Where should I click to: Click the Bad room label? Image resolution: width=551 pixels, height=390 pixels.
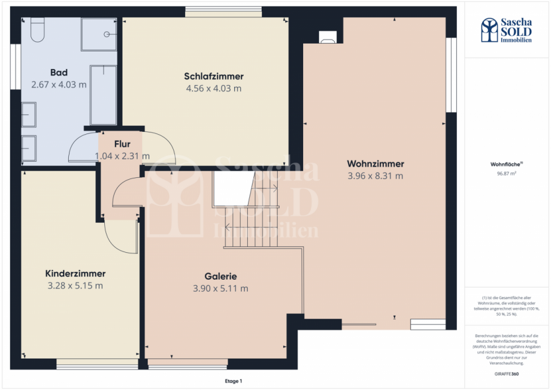click(59, 73)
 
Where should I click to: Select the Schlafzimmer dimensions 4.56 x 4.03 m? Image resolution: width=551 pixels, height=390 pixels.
click(214, 89)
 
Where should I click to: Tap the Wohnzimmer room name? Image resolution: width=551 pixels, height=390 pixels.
click(376, 164)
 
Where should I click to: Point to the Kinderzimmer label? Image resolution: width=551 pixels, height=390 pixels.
click(75, 273)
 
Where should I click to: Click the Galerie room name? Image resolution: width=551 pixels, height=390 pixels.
click(220, 276)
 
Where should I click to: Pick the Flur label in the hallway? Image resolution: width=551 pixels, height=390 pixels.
click(123, 144)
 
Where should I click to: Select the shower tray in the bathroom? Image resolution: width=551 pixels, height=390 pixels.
click(99, 34)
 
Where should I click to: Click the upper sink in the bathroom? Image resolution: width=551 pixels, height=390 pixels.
click(29, 114)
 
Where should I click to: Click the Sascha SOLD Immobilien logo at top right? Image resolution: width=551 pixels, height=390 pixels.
click(507, 31)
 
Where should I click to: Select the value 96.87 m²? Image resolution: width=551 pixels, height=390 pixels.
click(507, 174)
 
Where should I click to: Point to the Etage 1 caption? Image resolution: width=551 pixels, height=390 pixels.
click(233, 381)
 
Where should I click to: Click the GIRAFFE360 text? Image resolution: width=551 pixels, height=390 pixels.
click(507, 374)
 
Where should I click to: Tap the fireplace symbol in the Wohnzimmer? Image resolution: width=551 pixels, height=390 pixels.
click(328, 37)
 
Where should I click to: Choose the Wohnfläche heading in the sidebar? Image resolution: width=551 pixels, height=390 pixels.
click(507, 163)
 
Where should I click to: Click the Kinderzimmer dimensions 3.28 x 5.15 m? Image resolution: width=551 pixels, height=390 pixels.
click(75, 285)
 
